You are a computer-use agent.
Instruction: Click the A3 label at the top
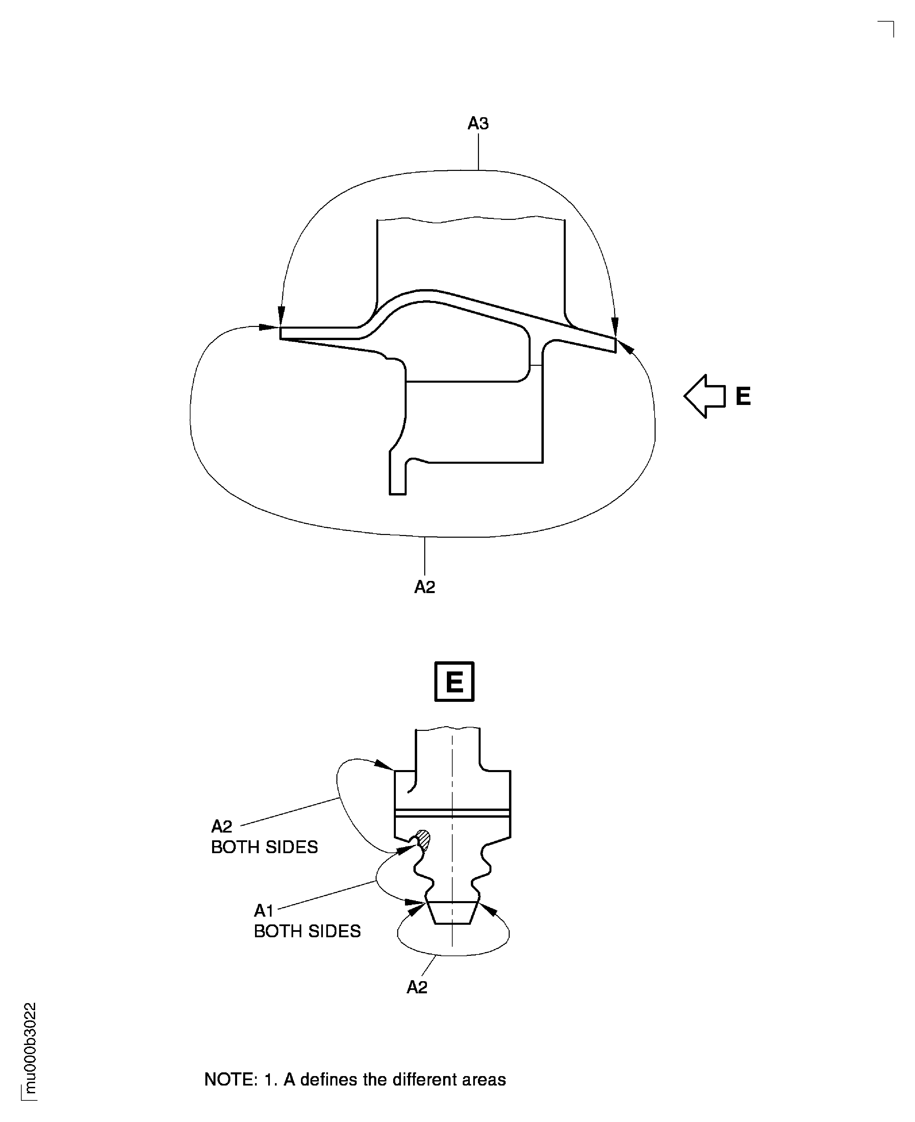[x=478, y=123]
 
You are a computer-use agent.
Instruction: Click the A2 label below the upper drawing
[x=424, y=587]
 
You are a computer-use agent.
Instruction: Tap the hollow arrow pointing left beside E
[x=705, y=396]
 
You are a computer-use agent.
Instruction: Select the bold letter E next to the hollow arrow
[x=743, y=396]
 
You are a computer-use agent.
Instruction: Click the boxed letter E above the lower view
[x=454, y=682]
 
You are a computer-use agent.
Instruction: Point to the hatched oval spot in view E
[x=423, y=841]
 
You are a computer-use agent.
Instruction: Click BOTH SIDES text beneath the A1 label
[x=307, y=931]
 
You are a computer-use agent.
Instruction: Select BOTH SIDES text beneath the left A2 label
[x=264, y=847]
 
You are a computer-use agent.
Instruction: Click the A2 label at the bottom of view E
[x=417, y=987]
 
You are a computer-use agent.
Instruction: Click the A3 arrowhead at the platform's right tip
[x=615, y=327]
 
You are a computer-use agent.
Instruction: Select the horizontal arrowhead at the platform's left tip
[x=269, y=327]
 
